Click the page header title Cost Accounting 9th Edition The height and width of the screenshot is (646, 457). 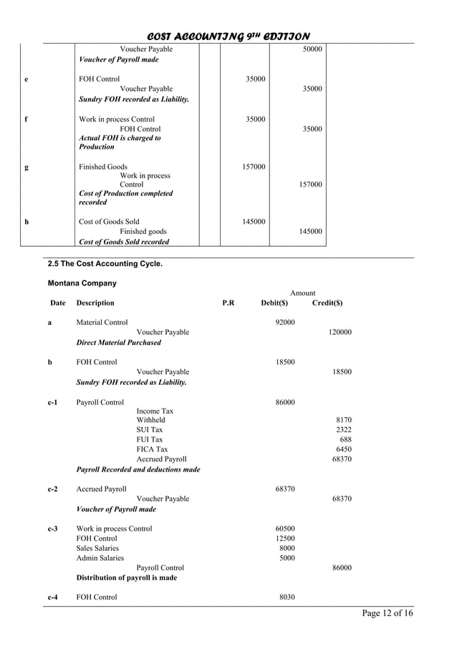coord(228,36)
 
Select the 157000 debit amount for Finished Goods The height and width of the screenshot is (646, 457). coord(254,167)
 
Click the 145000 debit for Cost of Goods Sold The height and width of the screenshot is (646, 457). coord(254,222)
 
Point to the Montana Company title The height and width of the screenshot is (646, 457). coord(82,283)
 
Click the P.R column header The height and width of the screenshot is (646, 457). coord(228,303)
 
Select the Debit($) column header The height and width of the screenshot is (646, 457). coord(274,303)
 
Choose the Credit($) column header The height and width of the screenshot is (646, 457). coord(327,303)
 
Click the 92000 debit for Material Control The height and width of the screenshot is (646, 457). coord(285,323)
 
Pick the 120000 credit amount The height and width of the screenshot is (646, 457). coord(340,333)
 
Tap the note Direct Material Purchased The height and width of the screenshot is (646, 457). coord(118,343)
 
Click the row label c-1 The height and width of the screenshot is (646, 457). coord(52,403)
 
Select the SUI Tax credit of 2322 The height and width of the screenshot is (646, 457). coord(344,430)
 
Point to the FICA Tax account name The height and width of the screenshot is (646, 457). coord(152,449)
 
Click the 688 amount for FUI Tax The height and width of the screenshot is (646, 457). coord(345,439)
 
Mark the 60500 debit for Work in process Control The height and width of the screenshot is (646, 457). coord(285,529)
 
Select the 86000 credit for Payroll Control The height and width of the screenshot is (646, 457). coord(342,568)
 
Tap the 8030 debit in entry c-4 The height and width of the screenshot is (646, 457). coord(287,597)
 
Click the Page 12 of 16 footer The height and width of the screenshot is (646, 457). coord(388,613)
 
